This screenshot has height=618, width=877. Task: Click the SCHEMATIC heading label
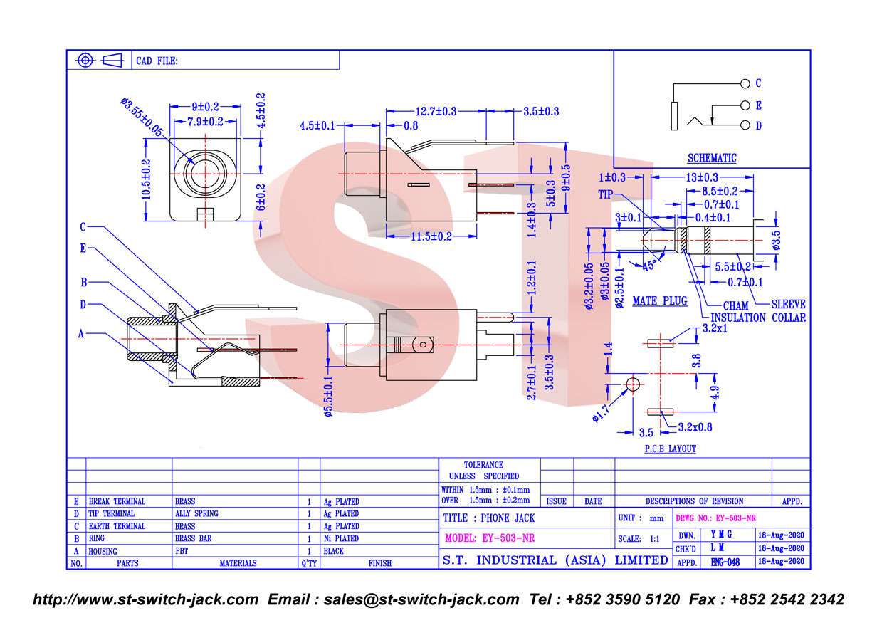pos(712,158)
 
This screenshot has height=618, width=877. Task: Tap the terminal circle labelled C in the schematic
pos(745,83)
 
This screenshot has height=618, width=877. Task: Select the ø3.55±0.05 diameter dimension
pos(142,117)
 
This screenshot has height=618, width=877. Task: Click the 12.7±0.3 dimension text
pos(436,112)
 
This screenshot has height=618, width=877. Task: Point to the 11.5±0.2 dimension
pos(431,236)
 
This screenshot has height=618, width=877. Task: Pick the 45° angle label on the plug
pos(649,266)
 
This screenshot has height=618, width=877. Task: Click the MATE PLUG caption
pos(660,300)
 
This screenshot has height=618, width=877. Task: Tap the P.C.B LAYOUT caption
pos(671,449)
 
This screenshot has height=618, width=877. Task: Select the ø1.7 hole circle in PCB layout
pos(633,384)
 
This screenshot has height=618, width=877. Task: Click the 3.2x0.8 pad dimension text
pos(695,427)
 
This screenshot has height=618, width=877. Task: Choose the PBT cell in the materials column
pos(182,551)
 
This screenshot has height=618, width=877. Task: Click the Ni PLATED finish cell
pos(341,538)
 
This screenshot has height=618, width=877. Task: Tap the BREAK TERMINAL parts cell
pos(117,501)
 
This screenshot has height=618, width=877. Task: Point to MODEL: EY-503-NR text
pos(490,538)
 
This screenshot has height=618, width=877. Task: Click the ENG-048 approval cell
pos(725,562)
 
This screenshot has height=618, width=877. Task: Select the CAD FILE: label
pos(157,61)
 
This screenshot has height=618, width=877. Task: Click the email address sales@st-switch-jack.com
pos(421,599)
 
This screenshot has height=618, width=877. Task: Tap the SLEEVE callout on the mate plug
pos(788,304)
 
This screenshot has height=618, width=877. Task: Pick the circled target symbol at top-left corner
pos(85,61)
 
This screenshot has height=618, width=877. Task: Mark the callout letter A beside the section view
pos(81,334)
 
